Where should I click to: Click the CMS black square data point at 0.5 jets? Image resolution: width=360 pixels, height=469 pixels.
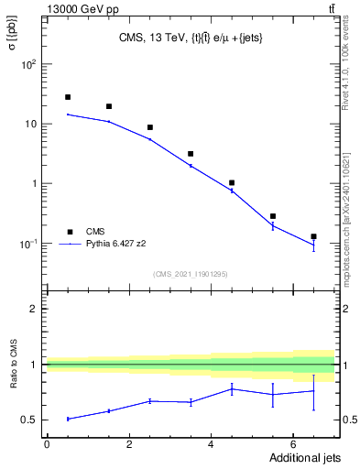68,97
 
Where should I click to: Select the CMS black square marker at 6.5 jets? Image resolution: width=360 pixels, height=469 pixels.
313,236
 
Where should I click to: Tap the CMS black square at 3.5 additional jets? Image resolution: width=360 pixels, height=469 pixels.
191,154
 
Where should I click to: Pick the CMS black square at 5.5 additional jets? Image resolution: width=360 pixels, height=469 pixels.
273,216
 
